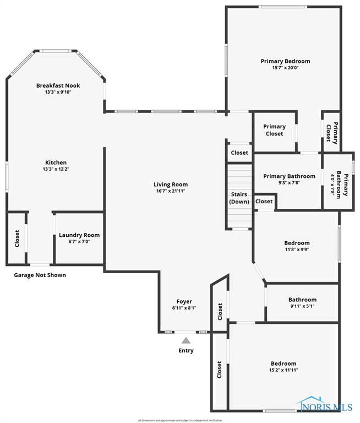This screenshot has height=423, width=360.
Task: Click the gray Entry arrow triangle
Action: coord(186,341)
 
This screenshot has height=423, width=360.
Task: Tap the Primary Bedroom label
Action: coord(285,61)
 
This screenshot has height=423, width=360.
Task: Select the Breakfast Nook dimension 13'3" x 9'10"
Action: coord(58,92)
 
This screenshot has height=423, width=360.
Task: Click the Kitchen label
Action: coord(56,162)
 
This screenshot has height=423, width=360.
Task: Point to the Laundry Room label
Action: coord(79,235)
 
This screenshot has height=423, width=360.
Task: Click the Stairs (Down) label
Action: coord(239,198)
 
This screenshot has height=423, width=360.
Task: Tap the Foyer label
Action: coord(184,301)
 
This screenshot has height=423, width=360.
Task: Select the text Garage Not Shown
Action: coord(40,275)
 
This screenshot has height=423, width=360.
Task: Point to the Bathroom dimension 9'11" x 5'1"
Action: coord(302,306)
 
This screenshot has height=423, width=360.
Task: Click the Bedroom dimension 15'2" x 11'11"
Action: coord(283,370)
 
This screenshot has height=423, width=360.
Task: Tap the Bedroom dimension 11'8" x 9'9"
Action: coord(297,250)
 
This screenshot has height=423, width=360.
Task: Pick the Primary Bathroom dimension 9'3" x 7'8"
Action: coord(289,183)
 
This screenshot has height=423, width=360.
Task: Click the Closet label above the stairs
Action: coord(239,153)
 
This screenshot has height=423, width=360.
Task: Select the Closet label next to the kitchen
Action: coord(17,238)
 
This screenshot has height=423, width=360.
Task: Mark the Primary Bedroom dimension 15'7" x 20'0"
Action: coord(285,68)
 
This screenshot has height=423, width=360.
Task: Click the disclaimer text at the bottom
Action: coord(180,420)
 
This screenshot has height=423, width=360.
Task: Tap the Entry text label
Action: coord(186,350)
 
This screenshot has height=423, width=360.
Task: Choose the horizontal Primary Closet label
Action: coord(274,130)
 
